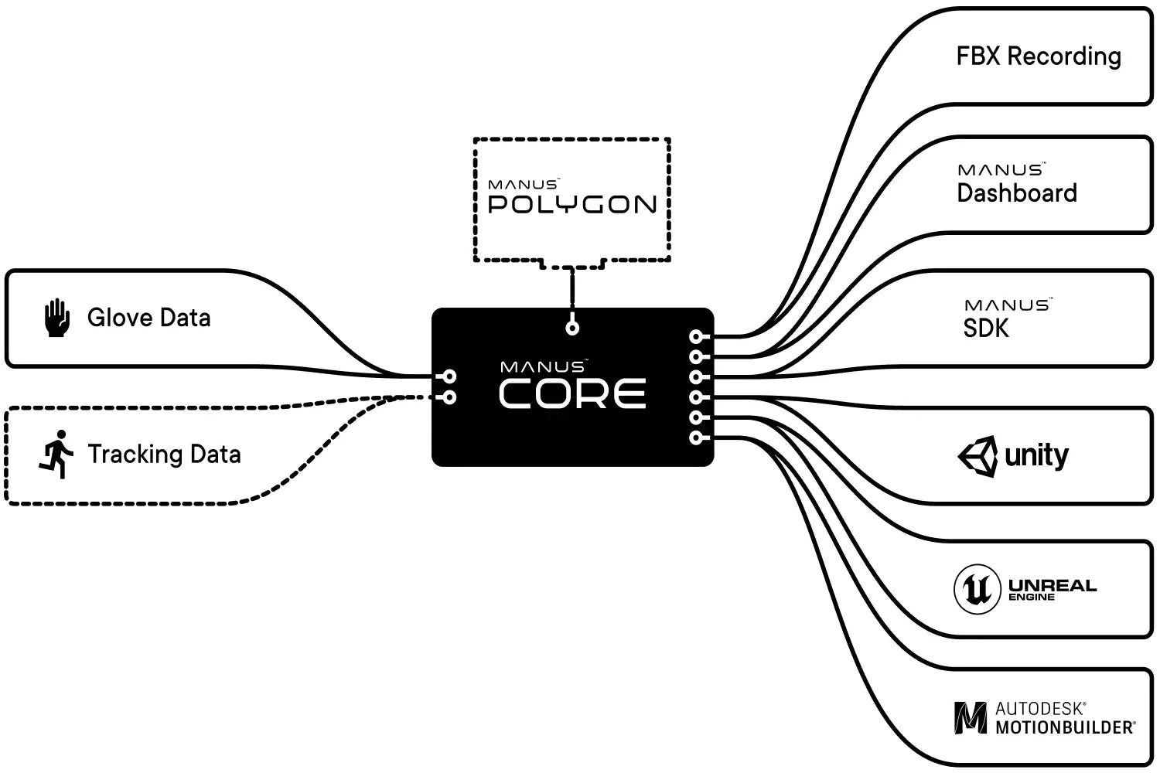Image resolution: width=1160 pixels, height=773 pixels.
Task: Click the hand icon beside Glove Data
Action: (56, 318)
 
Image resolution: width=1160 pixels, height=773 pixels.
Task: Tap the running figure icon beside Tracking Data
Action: (56, 454)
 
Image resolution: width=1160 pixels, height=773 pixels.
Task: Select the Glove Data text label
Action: (148, 318)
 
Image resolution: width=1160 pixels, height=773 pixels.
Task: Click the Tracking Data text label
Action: (164, 454)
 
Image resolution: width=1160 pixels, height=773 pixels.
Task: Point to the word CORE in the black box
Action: (572, 394)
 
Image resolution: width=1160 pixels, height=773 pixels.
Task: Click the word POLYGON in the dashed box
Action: (572, 205)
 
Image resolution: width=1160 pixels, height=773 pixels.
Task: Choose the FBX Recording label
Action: (1039, 56)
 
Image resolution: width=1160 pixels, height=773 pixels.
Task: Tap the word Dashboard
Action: (1017, 193)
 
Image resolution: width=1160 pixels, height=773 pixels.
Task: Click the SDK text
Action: (986, 329)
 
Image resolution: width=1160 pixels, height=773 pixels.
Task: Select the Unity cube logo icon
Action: (977, 456)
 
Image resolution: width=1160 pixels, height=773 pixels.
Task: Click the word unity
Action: (1036, 455)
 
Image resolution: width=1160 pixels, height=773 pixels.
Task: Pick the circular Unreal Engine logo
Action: (977, 589)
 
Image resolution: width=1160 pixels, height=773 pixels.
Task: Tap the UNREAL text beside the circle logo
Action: (1053, 585)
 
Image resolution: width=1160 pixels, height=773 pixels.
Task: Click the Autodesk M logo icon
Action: (971, 718)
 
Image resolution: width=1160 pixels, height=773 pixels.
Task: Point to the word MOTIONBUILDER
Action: (1065, 727)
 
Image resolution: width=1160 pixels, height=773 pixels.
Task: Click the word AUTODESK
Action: (1040, 708)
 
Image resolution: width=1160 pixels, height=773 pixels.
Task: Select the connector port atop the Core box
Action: (572, 328)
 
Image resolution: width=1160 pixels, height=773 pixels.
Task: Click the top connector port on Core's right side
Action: (696, 336)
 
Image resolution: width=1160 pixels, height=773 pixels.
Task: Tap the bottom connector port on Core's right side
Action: (696, 438)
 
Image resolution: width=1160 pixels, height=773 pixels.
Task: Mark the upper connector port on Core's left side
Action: (449, 377)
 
